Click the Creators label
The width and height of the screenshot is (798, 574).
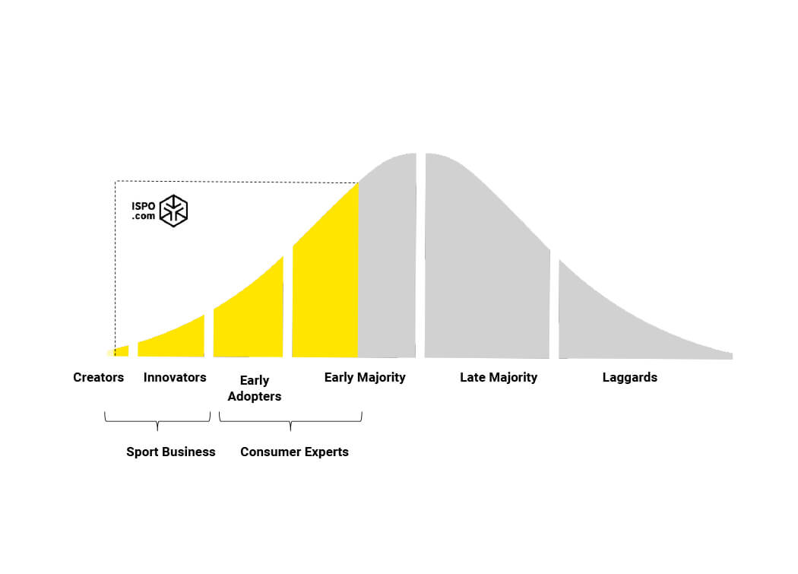click(x=98, y=377)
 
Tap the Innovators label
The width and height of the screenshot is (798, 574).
click(x=175, y=377)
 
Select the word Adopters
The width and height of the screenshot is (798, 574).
click(x=255, y=396)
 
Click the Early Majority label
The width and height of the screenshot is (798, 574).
click(x=365, y=377)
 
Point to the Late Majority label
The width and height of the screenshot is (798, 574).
click(x=499, y=377)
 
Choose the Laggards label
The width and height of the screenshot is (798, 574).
click(x=629, y=377)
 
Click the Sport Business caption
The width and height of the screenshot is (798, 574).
click(x=171, y=452)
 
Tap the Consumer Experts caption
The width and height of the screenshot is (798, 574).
click(x=294, y=452)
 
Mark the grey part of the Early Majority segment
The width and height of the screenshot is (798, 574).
click(x=388, y=258)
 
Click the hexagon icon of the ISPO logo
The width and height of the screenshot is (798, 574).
click(x=173, y=211)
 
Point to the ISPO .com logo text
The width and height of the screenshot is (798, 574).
click(x=143, y=211)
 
